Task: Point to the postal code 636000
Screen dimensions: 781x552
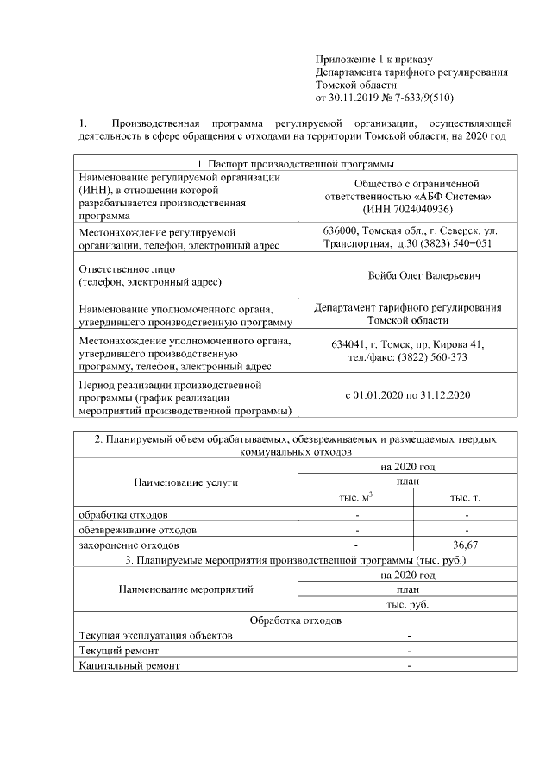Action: pyautogui.click(x=342, y=231)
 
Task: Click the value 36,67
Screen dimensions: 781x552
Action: pyautogui.click(x=466, y=545)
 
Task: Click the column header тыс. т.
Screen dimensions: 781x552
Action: pyautogui.click(x=466, y=499)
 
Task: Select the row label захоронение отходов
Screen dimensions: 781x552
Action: pyautogui.click(x=129, y=545)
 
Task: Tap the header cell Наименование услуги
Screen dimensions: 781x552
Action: pyautogui.click(x=185, y=482)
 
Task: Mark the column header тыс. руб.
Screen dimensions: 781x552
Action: pyautogui.click(x=408, y=605)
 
